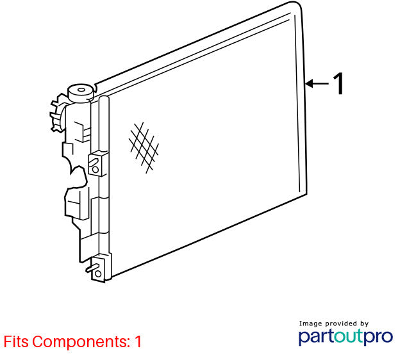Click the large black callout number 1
pos(338,83)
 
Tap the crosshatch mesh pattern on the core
pos(144,147)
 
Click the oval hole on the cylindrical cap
pos(81,90)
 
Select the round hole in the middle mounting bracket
pos(96,169)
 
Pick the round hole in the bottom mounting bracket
pos(98,274)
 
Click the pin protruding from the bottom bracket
pos(92,268)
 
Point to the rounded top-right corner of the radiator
pos(298,6)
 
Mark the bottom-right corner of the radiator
pos(306,193)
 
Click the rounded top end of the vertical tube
pos(104,98)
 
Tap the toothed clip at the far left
pos(58,113)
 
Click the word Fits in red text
pos(16,341)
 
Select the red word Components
pos(81,342)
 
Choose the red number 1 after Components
pos(138,341)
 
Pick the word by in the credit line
pos(364,324)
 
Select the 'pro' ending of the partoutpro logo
pos(378,338)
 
